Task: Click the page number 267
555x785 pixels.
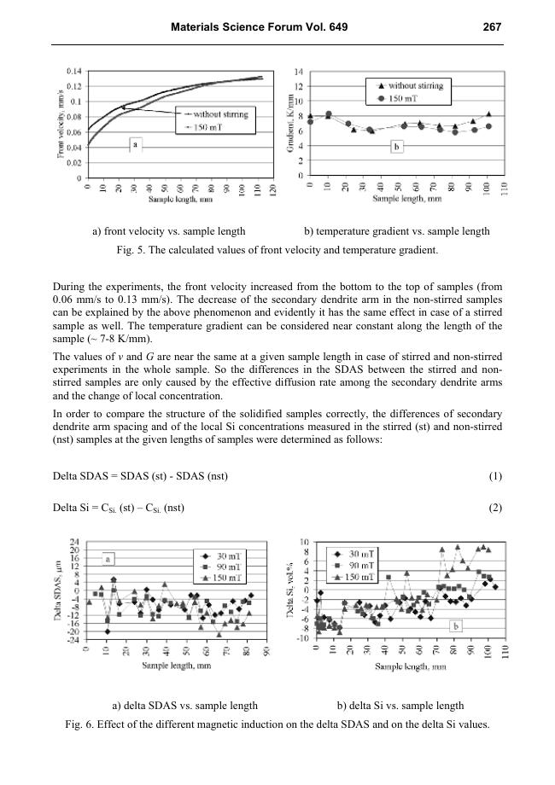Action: coord(491,27)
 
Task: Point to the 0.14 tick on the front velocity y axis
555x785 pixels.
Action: coord(74,71)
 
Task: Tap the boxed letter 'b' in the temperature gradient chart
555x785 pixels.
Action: coord(396,148)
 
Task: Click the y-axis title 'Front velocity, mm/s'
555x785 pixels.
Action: coord(61,125)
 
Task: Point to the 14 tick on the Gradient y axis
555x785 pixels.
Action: coord(298,72)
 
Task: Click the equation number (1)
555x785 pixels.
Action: coord(492,475)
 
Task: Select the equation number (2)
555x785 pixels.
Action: coord(492,509)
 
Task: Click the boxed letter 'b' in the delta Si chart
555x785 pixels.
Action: coord(456,626)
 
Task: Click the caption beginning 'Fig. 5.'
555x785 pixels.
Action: coord(277,250)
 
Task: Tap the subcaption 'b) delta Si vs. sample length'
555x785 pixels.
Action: coord(400,706)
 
